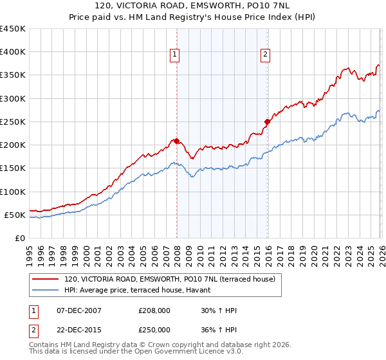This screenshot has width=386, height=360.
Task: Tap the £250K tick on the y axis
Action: click(x=12, y=122)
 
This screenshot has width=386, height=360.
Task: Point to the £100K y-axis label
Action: click(x=12, y=192)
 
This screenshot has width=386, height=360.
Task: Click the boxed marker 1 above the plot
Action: click(x=174, y=56)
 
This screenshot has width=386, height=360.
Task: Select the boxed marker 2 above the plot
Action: click(x=265, y=56)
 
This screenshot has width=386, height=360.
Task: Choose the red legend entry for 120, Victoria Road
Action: click(x=170, y=279)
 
